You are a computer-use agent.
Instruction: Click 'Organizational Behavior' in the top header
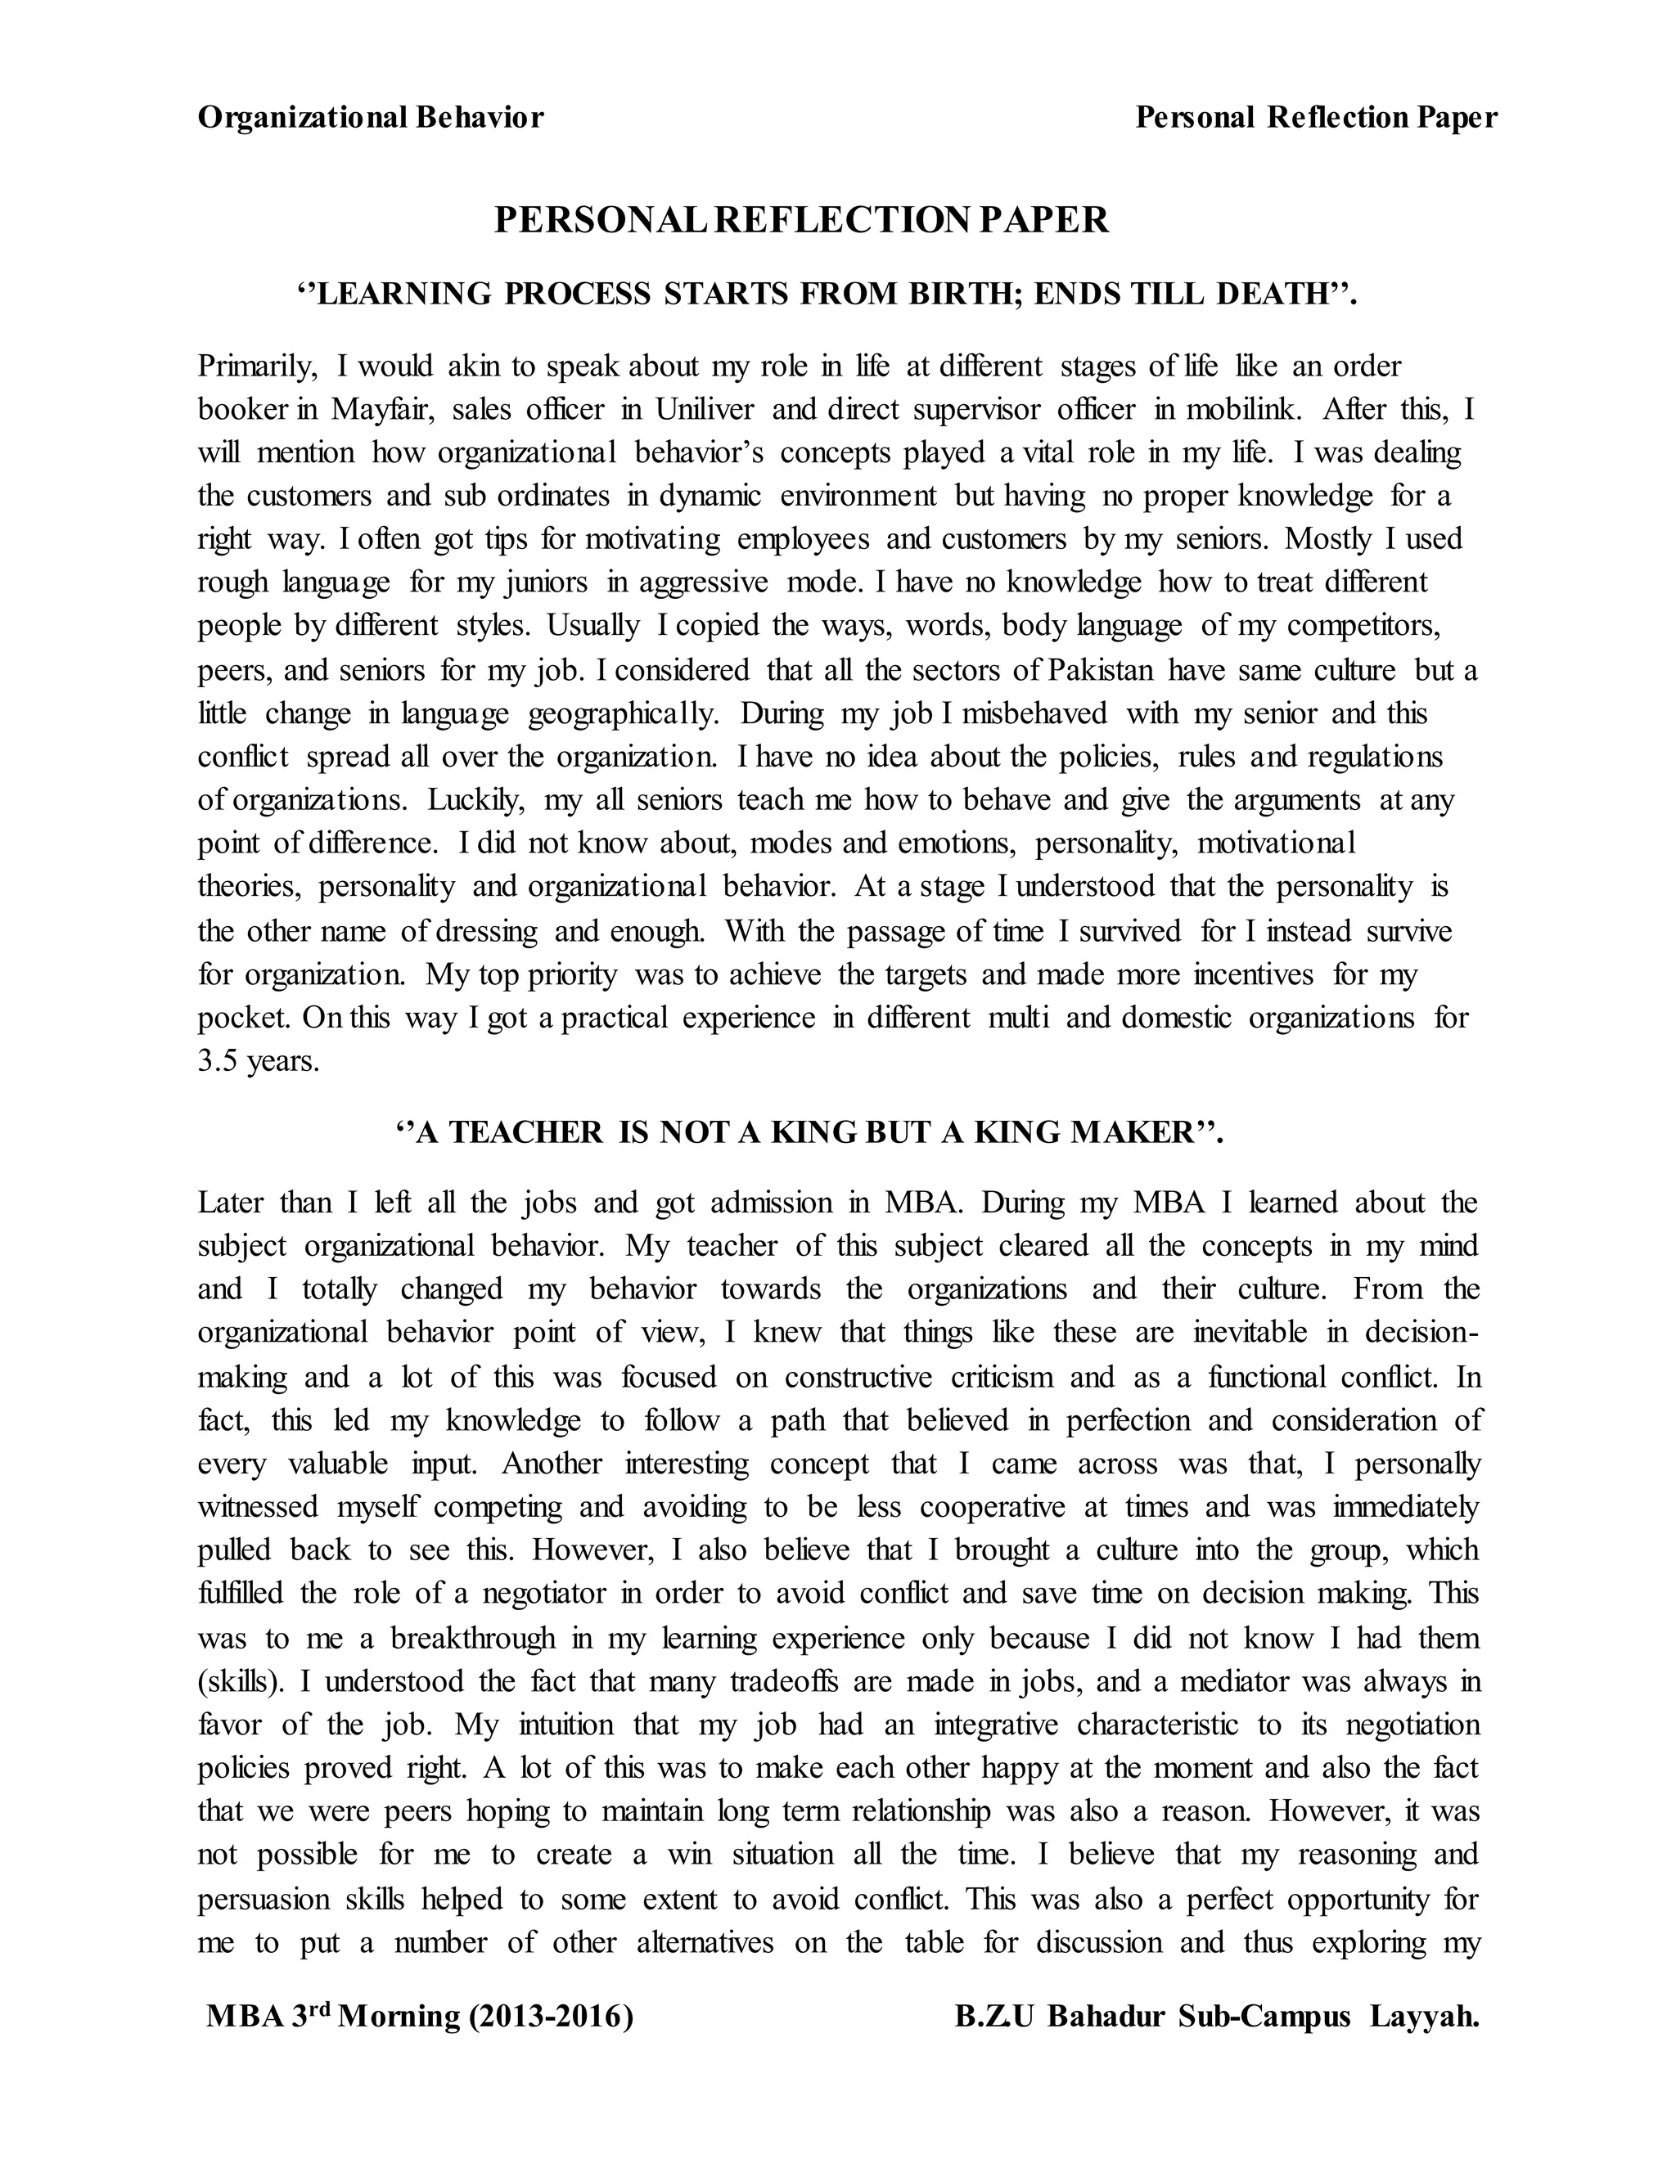pyautogui.click(x=371, y=118)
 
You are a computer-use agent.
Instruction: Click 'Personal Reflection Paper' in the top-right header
pyautogui.click(x=1316, y=118)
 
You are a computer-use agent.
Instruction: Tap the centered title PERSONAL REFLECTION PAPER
pyautogui.click(x=801, y=220)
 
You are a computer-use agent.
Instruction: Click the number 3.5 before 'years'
pyautogui.click(x=218, y=1062)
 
